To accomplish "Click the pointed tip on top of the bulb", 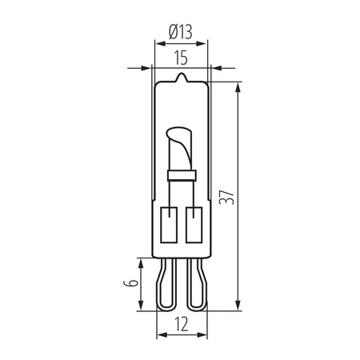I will coord(182,78).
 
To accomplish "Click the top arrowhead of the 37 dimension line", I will coord(239,84).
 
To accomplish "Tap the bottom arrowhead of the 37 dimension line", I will coord(239,307).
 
